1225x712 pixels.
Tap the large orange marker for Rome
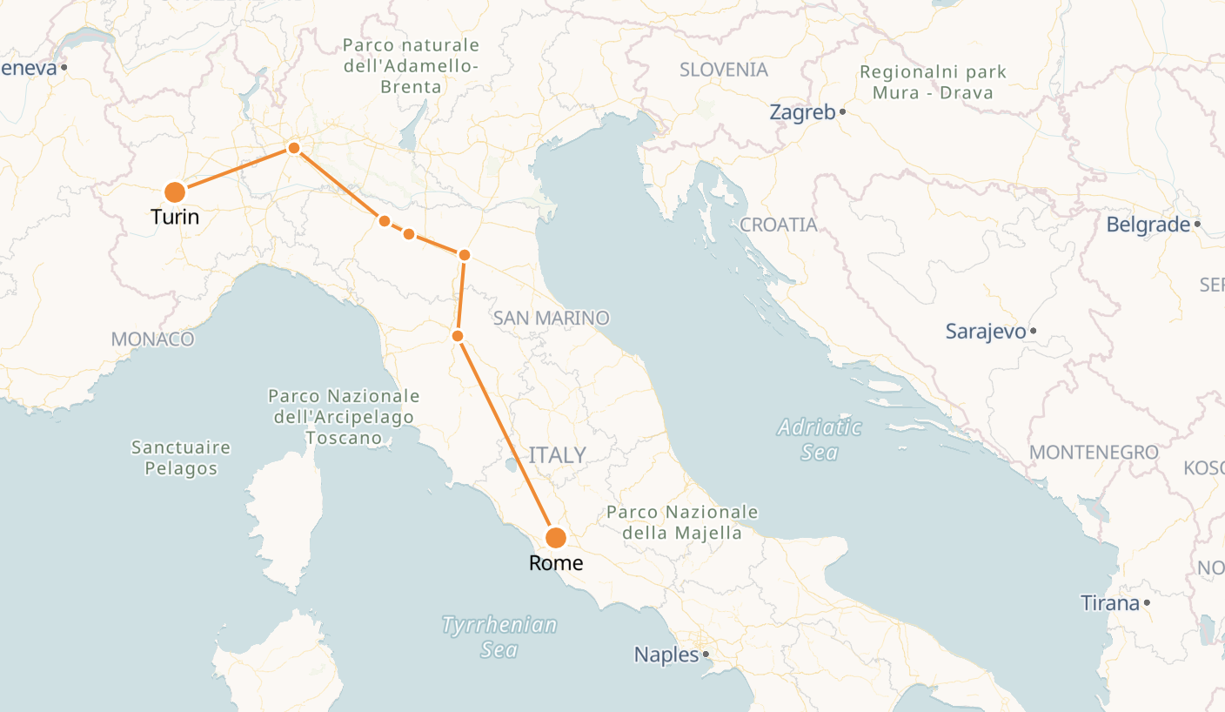point(556,538)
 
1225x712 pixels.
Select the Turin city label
point(175,217)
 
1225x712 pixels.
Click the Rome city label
point(556,563)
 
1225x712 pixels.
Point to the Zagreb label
point(802,112)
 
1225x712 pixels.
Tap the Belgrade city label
point(1148,225)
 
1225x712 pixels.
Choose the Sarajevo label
point(986,332)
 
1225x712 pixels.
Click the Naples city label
point(666,655)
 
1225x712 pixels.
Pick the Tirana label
point(1109,602)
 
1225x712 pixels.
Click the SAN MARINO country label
point(551,319)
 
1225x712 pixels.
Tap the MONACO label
point(152,339)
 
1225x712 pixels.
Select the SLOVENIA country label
point(724,70)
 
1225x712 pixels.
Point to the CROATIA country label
point(779,225)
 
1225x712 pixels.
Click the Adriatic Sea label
point(820,440)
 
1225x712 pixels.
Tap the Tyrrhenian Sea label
point(499,637)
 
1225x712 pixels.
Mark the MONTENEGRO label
point(1094,453)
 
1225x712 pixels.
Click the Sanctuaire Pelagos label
point(181,458)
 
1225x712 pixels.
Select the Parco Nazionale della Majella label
point(682,522)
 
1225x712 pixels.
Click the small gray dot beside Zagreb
point(843,112)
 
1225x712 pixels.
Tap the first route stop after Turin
point(294,148)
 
